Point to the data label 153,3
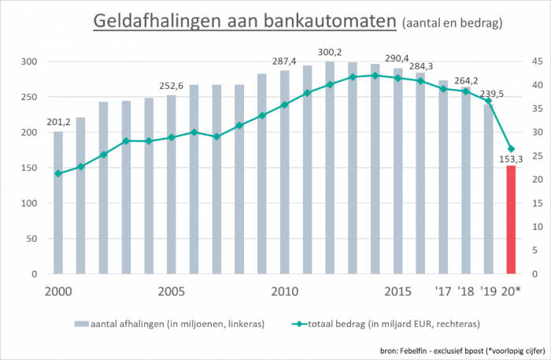coord(510,157)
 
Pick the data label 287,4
coord(284,61)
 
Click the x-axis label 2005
coord(171,291)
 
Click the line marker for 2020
coord(511,149)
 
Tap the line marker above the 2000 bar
coord(58,173)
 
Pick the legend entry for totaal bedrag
coord(385,324)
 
